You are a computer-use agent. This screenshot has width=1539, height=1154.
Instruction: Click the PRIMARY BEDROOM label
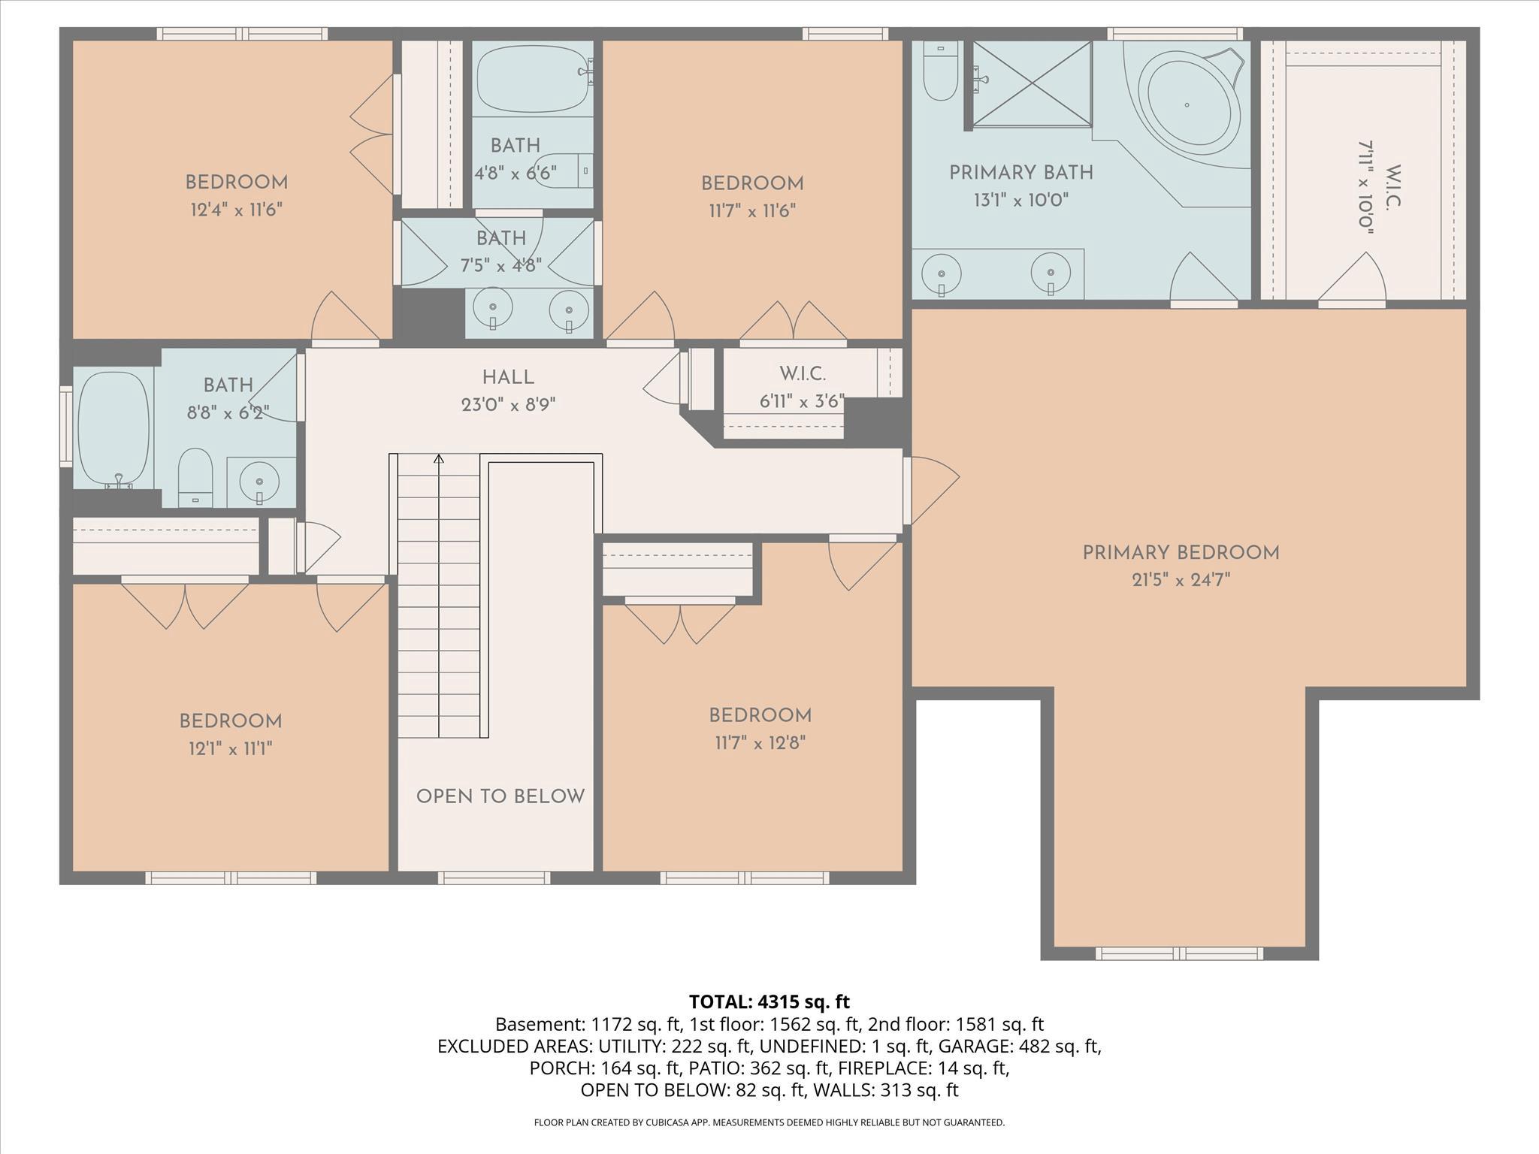(1180, 553)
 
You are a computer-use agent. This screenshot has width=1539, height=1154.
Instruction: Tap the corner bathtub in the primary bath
(1187, 105)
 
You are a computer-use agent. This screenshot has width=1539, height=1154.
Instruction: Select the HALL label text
(508, 378)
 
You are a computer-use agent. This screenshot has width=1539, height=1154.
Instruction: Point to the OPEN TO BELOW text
(500, 796)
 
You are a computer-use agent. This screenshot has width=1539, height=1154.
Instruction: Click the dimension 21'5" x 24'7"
(1181, 580)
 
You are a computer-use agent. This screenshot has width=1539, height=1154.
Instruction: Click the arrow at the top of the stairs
(439, 458)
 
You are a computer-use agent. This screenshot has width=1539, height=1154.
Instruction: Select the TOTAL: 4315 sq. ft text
(769, 1001)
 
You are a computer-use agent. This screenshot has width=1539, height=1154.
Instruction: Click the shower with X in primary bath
(1033, 83)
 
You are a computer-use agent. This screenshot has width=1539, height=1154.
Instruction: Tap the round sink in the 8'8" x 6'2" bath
(258, 481)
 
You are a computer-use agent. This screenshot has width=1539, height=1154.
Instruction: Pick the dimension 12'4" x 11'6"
(236, 210)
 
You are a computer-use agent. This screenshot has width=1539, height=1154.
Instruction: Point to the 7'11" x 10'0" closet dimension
(1365, 188)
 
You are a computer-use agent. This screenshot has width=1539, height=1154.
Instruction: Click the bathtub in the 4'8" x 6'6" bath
(531, 79)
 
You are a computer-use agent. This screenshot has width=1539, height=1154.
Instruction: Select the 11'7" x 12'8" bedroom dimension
(760, 743)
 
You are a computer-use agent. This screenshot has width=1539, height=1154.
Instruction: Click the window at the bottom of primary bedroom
(1178, 953)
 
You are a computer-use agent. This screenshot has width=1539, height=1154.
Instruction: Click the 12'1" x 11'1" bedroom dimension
(230, 748)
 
